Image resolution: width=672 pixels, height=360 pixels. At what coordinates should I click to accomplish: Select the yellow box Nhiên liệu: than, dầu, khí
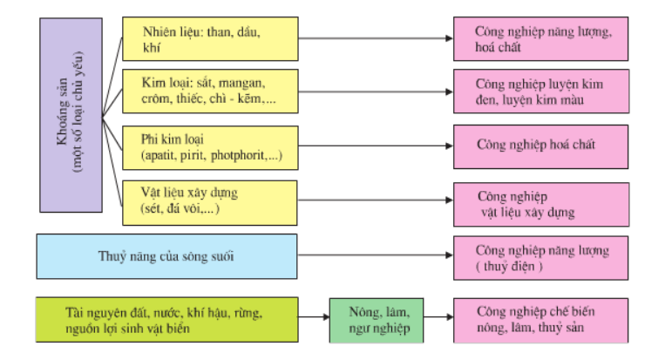click(x=209, y=39)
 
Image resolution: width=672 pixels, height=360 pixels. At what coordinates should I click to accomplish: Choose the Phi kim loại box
click(x=209, y=148)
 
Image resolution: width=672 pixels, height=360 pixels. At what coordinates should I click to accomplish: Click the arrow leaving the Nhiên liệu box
click(x=376, y=38)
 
